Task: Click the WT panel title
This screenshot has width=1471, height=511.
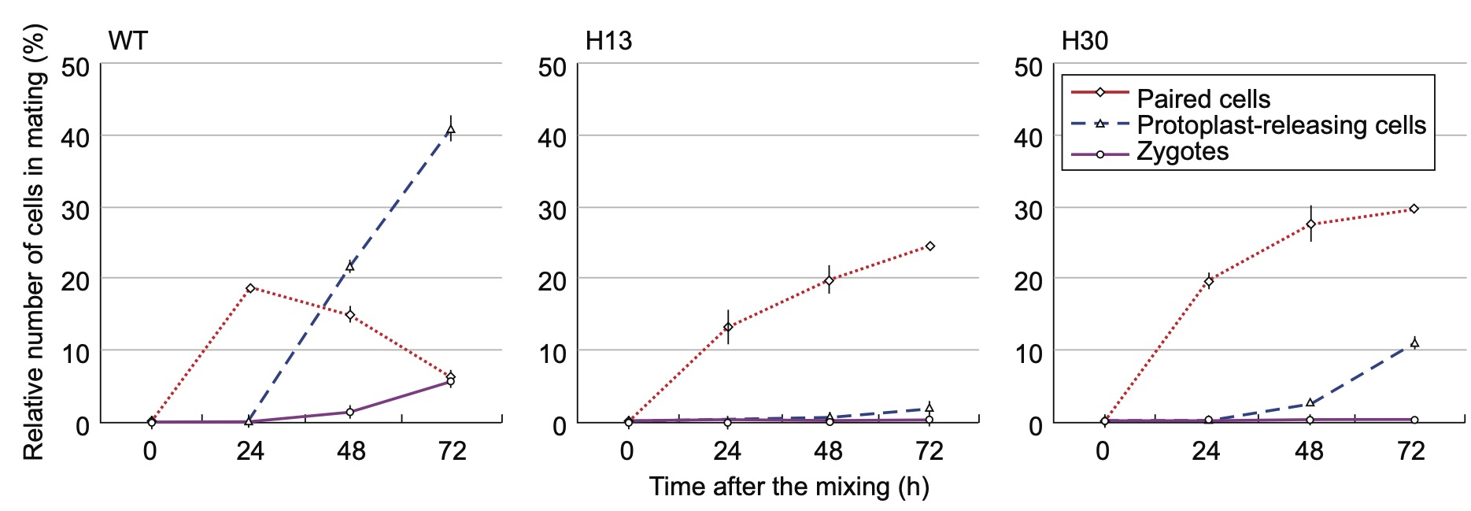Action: [x=128, y=41]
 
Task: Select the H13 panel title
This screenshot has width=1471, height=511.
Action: [x=608, y=41]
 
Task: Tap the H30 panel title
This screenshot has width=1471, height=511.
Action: [x=1085, y=41]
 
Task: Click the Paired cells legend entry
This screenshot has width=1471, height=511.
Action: [x=1203, y=99]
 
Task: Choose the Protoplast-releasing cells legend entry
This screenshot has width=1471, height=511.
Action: [x=1281, y=125]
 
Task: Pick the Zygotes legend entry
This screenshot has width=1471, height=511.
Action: [x=1182, y=151]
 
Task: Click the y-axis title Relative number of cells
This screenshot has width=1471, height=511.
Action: [x=34, y=242]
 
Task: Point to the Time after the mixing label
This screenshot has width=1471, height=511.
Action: [x=789, y=487]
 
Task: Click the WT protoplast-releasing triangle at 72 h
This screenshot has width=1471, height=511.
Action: [x=450, y=130]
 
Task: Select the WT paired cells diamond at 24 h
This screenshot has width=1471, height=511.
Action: [x=250, y=288]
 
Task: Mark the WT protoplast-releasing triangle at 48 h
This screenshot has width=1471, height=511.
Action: [x=349, y=266]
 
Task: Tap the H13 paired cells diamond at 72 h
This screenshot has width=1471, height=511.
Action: [x=930, y=246]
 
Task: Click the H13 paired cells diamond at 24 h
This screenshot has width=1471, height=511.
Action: [x=728, y=327]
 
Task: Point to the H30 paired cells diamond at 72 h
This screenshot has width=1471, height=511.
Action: [x=1414, y=209]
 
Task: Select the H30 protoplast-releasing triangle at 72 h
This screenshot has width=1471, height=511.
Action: [x=1414, y=343]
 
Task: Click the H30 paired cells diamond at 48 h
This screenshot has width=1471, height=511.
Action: [x=1310, y=224]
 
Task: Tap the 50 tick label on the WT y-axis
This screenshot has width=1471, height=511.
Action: [x=76, y=68]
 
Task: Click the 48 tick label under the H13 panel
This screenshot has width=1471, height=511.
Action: [x=828, y=451]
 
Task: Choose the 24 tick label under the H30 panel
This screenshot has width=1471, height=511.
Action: [x=1205, y=451]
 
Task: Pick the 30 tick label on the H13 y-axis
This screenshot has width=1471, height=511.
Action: [x=553, y=210]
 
